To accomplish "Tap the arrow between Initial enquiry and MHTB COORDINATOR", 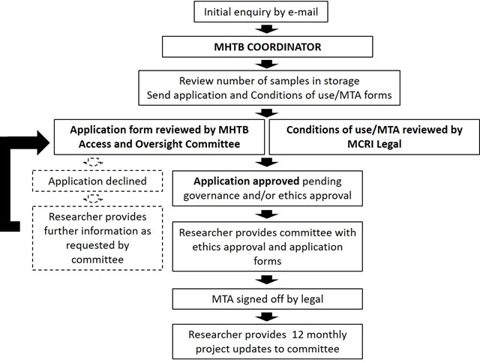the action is tap(267, 29).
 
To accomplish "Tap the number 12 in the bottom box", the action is tap(298, 334).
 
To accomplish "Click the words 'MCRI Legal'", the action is tap(374, 144).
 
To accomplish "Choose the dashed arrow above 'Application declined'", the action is tap(93, 162).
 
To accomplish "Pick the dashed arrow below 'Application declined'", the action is tap(93, 199).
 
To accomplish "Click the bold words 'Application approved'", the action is tap(246, 181).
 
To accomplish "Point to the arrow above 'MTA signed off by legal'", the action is tap(267, 280).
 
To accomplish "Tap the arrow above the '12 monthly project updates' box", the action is tap(267, 316).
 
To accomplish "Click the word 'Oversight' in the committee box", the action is tap(159, 144).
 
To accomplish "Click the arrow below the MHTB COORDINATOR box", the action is tap(267, 64).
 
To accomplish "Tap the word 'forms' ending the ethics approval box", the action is tap(267, 261).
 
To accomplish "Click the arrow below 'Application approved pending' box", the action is tap(267, 214).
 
